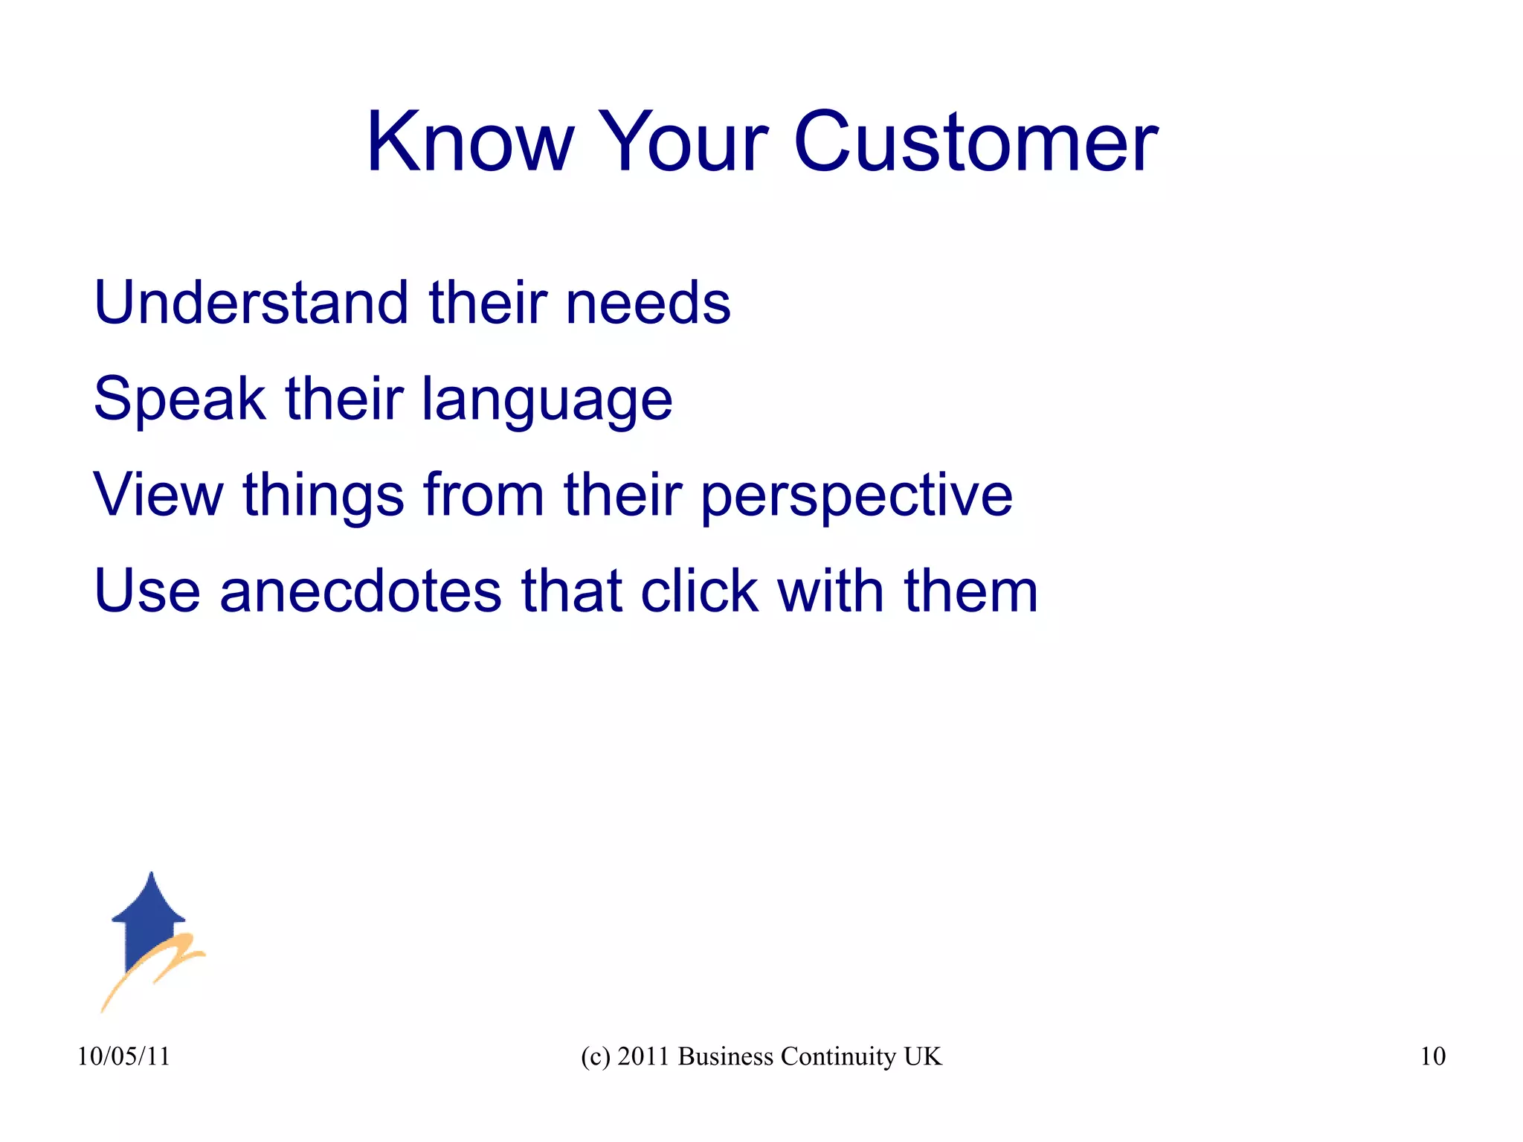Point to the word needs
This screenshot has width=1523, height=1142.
(x=648, y=304)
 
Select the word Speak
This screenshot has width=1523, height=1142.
(x=179, y=400)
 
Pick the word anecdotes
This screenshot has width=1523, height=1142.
(x=361, y=591)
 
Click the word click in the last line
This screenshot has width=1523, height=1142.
(x=699, y=591)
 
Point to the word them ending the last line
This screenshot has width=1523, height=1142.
(x=970, y=591)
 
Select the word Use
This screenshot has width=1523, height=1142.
(x=146, y=591)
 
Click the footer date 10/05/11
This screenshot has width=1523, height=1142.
(x=123, y=1056)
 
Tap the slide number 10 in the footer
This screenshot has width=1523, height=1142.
(x=1432, y=1056)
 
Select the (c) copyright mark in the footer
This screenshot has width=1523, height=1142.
(x=595, y=1056)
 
